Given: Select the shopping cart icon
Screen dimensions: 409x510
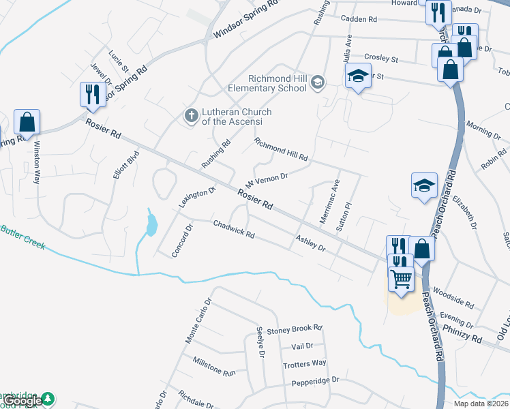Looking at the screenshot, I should click(x=400, y=277).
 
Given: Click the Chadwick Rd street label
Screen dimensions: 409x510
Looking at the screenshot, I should click(x=234, y=229).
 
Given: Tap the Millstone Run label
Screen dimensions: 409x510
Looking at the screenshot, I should click(x=213, y=367).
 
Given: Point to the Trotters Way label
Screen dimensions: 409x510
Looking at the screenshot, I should click(x=305, y=363).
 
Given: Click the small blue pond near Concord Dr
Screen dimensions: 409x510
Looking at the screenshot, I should click(x=151, y=223).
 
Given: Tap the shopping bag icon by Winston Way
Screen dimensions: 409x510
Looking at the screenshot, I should click(x=27, y=123).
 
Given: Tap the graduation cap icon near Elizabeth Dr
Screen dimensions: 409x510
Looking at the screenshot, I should click(x=423, y=184).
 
